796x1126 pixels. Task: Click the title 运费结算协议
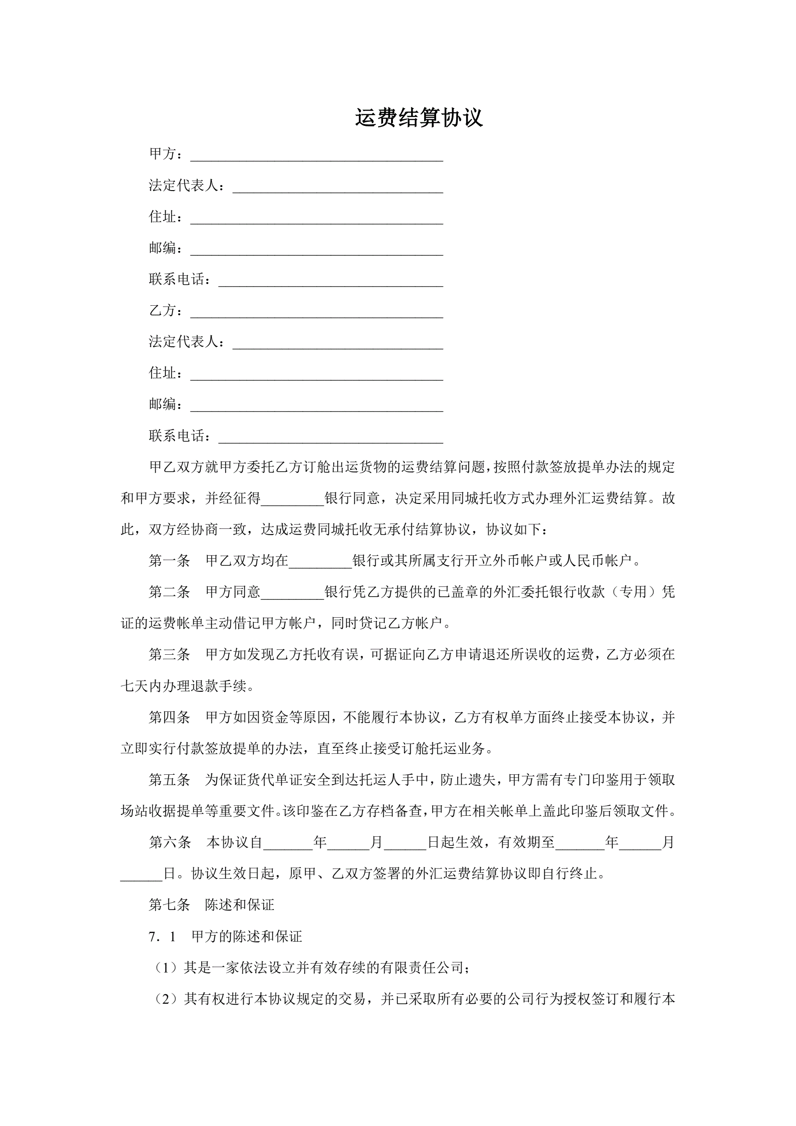(x=419, y=118)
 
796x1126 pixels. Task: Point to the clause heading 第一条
(x=169, y=561)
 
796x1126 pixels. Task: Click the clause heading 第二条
(x=169, y=592)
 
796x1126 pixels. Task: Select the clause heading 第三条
(x=169, y=654)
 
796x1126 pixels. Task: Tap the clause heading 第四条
(x=169, y=718)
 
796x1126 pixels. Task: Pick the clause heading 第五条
(x=169, y=780)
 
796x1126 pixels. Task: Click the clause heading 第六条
(x=169, y=843)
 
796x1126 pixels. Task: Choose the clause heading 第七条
(x=169, y=905)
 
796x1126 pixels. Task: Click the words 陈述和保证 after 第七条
(x=239, y=905)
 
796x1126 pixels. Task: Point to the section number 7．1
(x=162, y=937)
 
